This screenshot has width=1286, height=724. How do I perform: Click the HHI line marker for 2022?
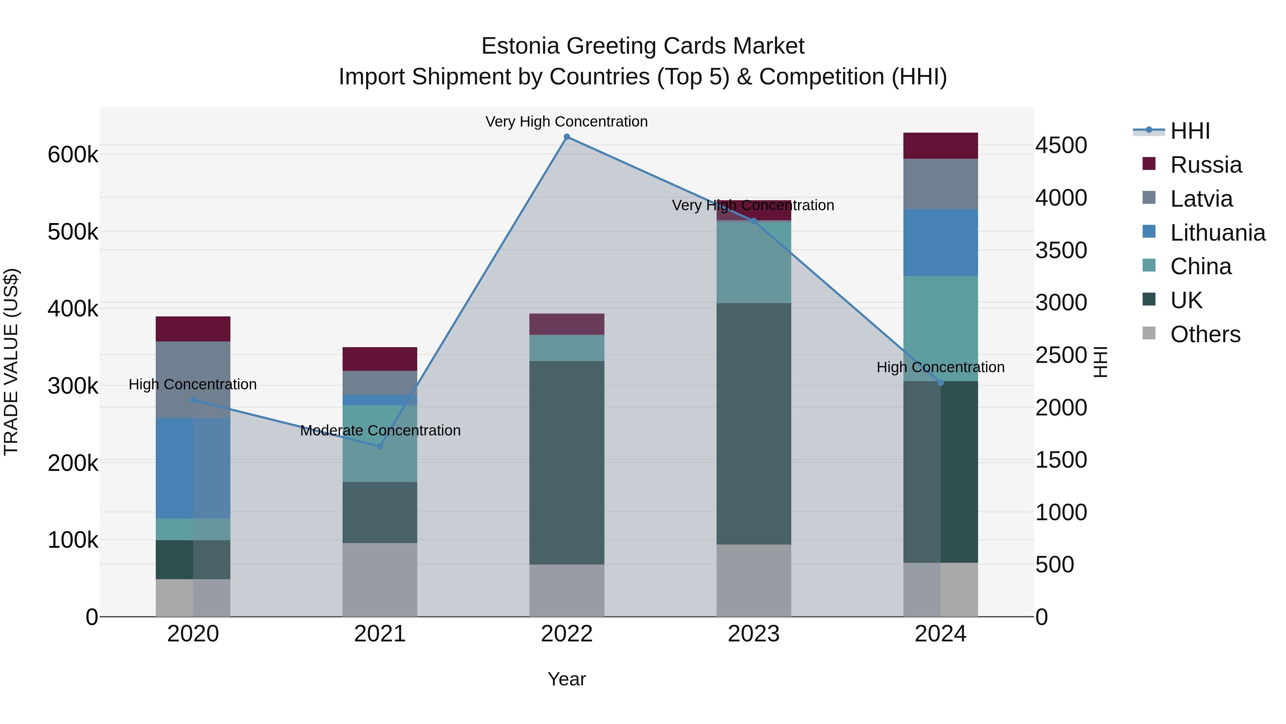567,137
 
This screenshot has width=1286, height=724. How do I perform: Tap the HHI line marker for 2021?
380,446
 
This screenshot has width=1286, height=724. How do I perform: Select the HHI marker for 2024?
941,383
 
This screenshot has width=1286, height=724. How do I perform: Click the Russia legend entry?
1206,165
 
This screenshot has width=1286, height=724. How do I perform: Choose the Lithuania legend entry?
1217,233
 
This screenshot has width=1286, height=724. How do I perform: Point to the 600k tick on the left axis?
73,154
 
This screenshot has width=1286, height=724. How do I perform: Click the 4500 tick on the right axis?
1061,146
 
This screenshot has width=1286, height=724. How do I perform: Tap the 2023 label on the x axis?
753,634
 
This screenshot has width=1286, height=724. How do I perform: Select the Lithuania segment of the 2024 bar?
941,242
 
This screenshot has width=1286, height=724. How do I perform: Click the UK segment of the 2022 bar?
567,462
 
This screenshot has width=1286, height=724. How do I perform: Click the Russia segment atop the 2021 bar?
380,359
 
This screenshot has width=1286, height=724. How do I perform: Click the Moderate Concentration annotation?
380,430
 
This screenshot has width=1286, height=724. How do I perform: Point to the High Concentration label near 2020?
193,384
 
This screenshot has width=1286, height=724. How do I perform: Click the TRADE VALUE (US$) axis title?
11,362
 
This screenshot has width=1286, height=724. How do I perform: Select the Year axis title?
567,679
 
